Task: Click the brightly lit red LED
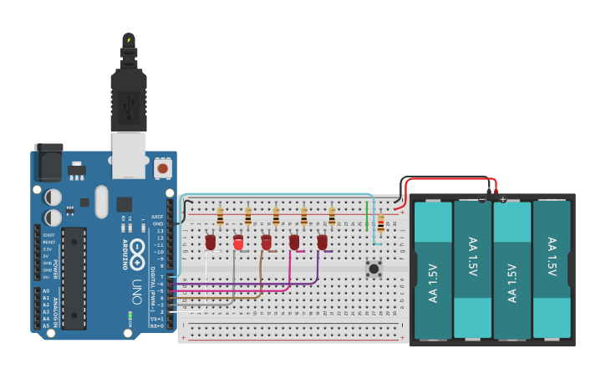click(x=238, y=243)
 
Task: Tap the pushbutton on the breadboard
click(x=374, y=269)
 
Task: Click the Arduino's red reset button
click(x=163, y=168)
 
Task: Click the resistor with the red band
click(x=381, y=223)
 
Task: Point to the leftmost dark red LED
click(x=211, y=242)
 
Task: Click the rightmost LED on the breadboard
click(x=322, y=242)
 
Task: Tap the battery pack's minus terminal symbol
click(x=482, y=199)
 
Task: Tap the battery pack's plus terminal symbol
click(x=502, y=199)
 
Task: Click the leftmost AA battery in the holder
click(x=433, y=269)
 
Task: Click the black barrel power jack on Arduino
click(x=48, y=162)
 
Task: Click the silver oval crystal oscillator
click(x=101, y=201)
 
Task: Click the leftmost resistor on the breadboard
click(x=220, y=218)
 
